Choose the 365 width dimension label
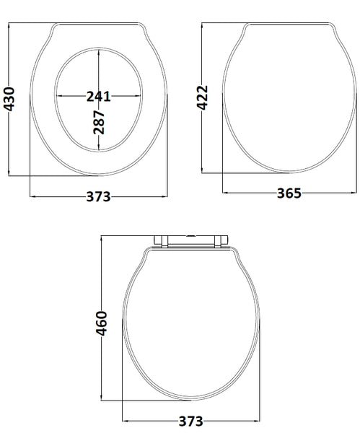point(288,193)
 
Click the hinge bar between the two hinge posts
point(191,237)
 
